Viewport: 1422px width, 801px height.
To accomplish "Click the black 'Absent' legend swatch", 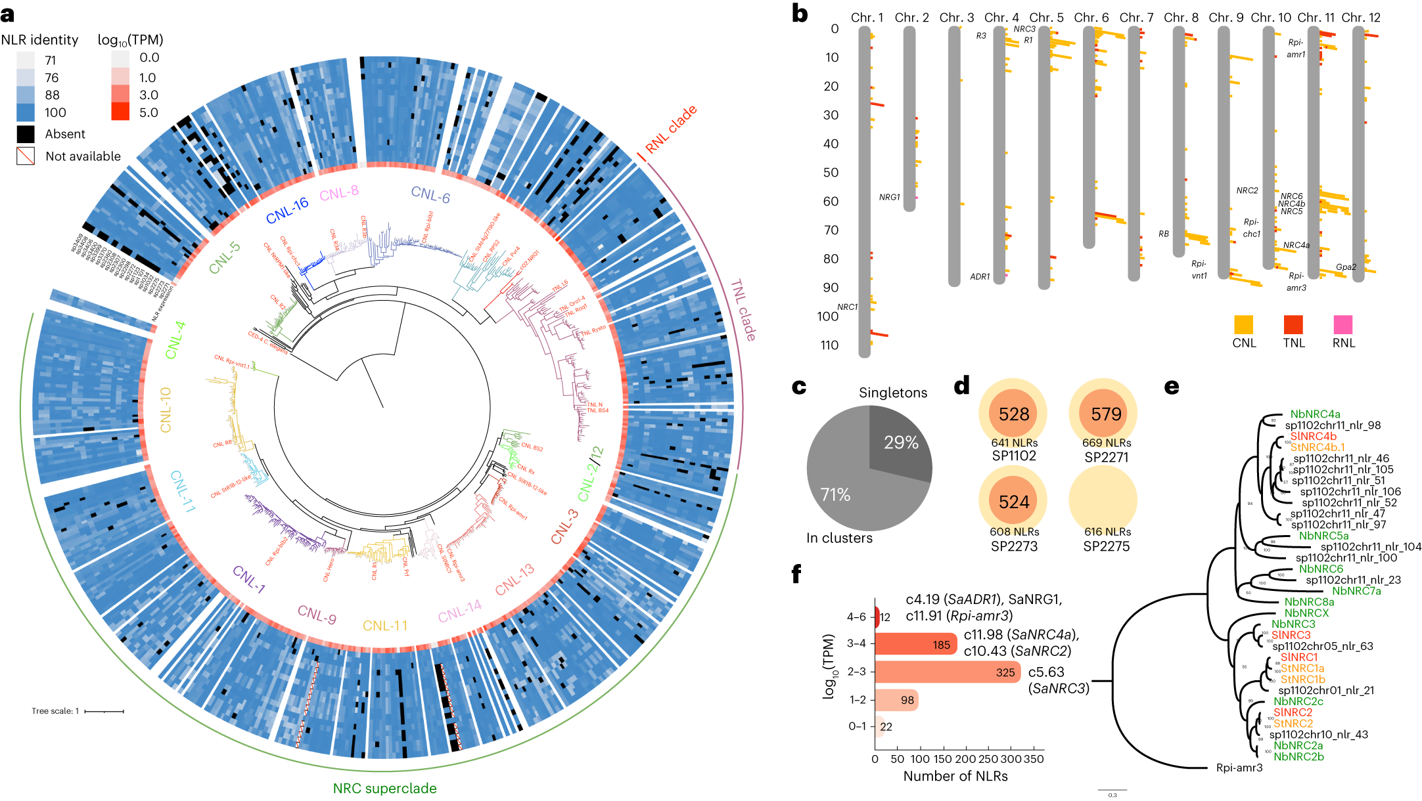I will pos(26,134).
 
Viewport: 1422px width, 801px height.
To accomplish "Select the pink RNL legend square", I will pos(1343,325).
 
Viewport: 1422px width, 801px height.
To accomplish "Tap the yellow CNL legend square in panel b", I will pos(1243,325).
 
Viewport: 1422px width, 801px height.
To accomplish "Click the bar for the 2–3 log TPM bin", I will pos(947,672).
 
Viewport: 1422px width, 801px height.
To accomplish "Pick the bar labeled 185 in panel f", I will pos(915,644).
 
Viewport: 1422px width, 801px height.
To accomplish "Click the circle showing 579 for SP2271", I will pos(1106,414).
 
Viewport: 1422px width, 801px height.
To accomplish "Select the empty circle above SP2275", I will pos(1106,501).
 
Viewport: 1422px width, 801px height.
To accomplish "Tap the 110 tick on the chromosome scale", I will pos(829,345).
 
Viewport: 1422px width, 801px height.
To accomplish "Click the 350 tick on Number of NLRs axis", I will pos(1034,759).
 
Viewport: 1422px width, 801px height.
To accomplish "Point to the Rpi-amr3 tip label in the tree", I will pos(1239,768).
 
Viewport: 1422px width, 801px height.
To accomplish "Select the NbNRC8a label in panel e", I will pos(1309,602).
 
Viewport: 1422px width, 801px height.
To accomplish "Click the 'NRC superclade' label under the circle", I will pos(384,789).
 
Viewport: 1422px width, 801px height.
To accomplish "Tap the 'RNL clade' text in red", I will pos(670,129).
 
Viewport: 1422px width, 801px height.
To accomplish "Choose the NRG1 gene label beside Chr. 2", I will pos(889,197).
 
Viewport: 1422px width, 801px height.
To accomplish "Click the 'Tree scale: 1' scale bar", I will pos(104,711).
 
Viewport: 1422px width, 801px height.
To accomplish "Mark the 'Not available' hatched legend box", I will pos(26,156).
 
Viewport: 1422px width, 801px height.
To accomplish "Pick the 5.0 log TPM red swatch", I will pos(120,112).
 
